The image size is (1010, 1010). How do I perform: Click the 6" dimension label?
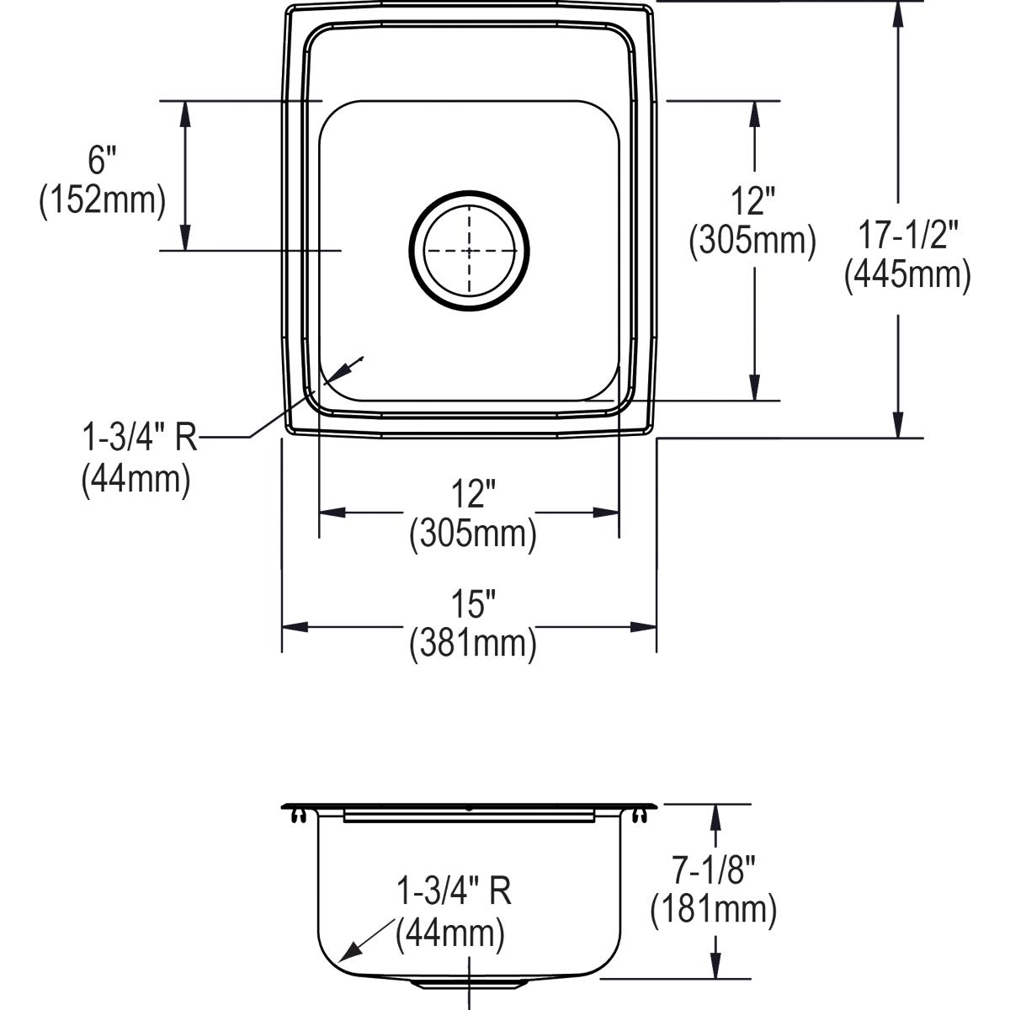click(102, 160)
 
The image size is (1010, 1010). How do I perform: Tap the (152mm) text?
click(103, 201)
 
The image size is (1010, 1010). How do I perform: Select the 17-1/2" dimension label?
click(907, 234)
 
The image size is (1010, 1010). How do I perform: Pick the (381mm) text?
click(473, 644)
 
